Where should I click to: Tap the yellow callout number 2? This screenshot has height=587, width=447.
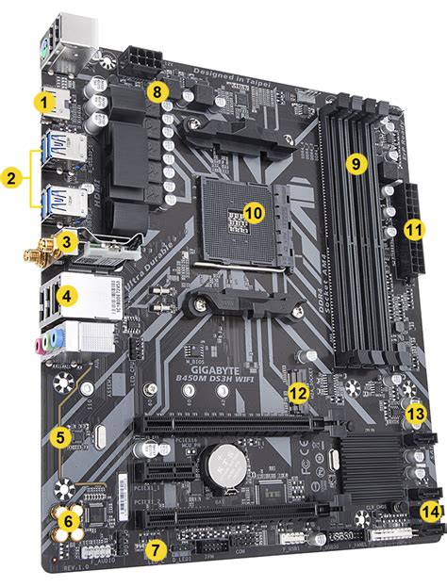(11, 176)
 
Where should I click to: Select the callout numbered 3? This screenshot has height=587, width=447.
(64, 242)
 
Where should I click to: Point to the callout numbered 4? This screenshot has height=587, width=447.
(65, 296)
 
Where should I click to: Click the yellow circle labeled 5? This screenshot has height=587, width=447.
(60, 436)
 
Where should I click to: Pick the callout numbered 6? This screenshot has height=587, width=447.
(67, 520)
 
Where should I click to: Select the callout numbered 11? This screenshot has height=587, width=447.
(414, 229)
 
